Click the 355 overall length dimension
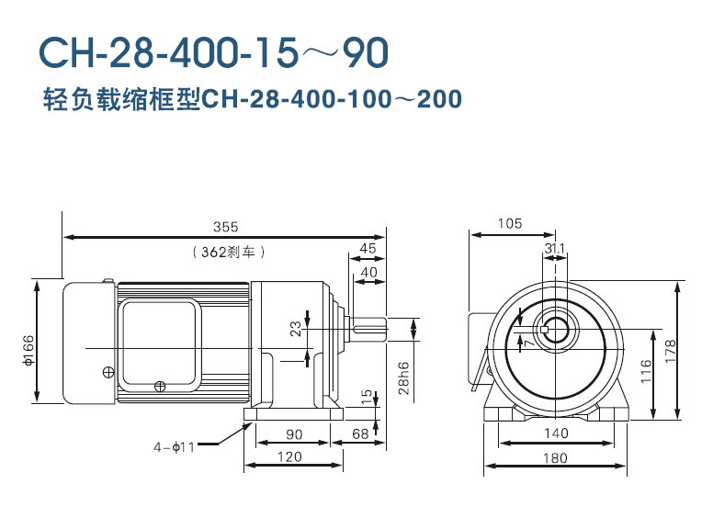click(224, 226)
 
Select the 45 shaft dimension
click(368, 248)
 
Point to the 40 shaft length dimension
click(368, 272)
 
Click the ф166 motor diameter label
click(28, 348)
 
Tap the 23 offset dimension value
click(296, 329)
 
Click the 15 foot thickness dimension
click(366, 396)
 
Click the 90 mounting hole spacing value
click(295, 433)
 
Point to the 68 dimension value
click(360, 433)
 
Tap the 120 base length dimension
click(290, 456)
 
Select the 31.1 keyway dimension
click(554, 248)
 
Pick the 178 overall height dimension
click(671, 349)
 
